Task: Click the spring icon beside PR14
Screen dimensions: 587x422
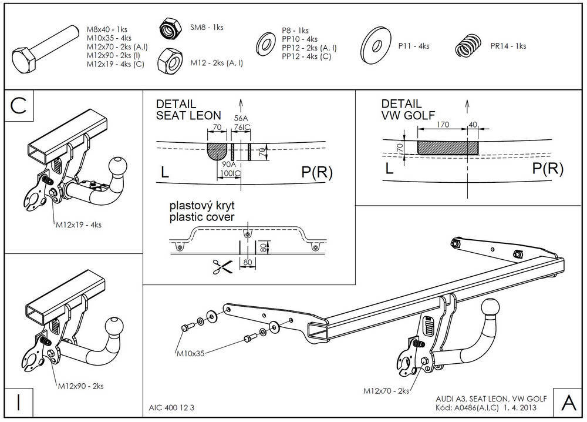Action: coord(468,46)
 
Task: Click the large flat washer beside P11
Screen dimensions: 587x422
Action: coord(376,46)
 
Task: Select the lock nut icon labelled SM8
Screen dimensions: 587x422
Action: coord(170,28)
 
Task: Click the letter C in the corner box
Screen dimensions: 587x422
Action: coord(19,105)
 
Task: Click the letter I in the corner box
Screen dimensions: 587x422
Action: coord(19,403)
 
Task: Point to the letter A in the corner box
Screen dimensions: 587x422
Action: coord(569,403)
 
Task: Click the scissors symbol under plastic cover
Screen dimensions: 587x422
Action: coord(222,266)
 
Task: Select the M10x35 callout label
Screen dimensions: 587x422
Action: coord(191,353)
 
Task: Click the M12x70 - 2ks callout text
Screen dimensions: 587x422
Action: coord(386,391)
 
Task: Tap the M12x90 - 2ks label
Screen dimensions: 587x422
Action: coord(80,386)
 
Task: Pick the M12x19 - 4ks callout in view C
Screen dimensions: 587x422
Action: coord(79,225)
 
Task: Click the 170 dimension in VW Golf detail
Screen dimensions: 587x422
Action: coord(443,125)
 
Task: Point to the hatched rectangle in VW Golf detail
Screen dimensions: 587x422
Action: coord(448,148)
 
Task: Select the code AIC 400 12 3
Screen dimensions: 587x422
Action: coord(171,408)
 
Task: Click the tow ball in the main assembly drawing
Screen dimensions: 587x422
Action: coord(490,309)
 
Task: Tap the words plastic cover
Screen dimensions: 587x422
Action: coord(202,217)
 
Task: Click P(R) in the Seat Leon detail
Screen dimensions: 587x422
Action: coord(317,172)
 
